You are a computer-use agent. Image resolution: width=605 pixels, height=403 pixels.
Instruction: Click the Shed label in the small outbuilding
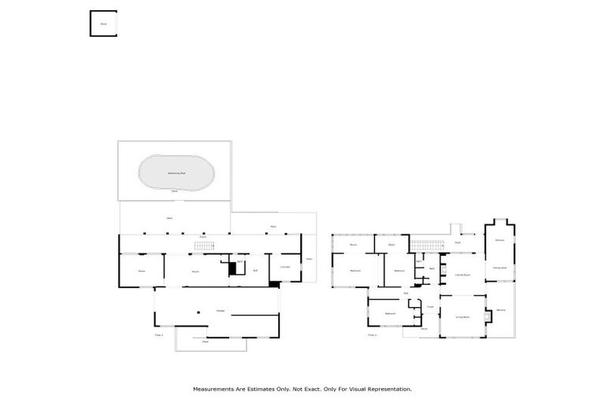(102, 24)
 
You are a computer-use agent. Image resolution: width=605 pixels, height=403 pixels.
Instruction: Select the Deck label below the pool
(175, 190)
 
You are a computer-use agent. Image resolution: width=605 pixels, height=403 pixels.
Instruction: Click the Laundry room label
(285, 268)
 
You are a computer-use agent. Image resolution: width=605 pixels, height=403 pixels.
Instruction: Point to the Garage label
(221, 311)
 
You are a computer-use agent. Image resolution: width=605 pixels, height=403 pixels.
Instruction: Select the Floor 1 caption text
(158, 335)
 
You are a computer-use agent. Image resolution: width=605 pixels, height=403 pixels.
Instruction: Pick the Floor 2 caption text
(373, 335)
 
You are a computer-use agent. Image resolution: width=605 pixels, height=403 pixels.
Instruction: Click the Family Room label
(462, 275)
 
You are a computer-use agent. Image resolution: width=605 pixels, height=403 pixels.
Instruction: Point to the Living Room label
(462, 316)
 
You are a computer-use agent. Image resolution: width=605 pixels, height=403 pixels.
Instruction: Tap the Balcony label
(500, 309)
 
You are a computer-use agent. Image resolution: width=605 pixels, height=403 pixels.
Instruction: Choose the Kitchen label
(499, 239)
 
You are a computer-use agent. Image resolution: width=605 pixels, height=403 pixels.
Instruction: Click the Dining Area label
(499, 268)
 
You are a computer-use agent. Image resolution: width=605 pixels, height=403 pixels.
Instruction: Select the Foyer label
(430, 306)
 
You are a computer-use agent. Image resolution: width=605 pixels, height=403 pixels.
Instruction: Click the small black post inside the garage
(199, 311)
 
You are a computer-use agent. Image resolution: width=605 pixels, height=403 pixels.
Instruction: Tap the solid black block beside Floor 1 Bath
(232, 268)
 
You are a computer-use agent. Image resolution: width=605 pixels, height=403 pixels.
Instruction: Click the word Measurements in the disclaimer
(215, 389)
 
